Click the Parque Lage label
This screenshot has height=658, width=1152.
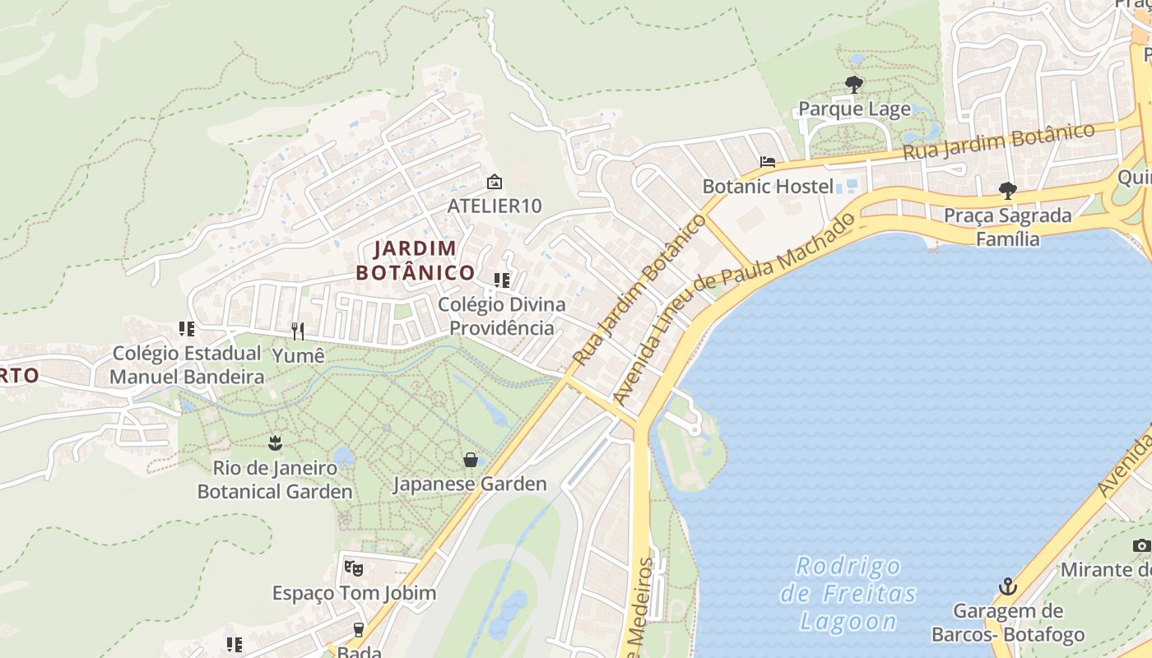tap(854, 109)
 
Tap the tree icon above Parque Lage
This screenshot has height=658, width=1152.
tap(854, 84)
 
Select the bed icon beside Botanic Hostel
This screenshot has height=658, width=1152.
tap(768, 162)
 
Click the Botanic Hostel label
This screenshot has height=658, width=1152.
tap(768, 186)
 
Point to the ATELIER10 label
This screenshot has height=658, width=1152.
tap(495, 206)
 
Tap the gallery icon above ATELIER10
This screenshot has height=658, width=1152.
tap(495, 182)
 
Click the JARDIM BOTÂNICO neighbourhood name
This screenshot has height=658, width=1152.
tap(416, 260)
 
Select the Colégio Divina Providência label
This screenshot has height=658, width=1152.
tap(501, 316)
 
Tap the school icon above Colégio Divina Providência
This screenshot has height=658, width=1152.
tap(501, 280)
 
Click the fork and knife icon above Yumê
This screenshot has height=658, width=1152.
tap(298, 331)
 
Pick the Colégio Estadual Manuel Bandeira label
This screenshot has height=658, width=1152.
tap(187, 365)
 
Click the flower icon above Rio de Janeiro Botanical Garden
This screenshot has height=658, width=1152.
tap(275, 444)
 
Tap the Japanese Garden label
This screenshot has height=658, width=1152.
tap(470, 484)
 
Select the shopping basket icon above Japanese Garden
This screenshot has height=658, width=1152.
tap(470, 460)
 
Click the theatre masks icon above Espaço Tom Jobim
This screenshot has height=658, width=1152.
tap(354, 568)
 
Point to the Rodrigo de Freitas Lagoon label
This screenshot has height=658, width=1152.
tap(848, 594)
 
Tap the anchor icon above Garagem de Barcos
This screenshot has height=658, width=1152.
tap(1008, 587)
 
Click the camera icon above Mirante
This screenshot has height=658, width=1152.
tap(1141, 545)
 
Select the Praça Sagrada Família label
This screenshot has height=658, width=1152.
tap(1007, 227)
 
